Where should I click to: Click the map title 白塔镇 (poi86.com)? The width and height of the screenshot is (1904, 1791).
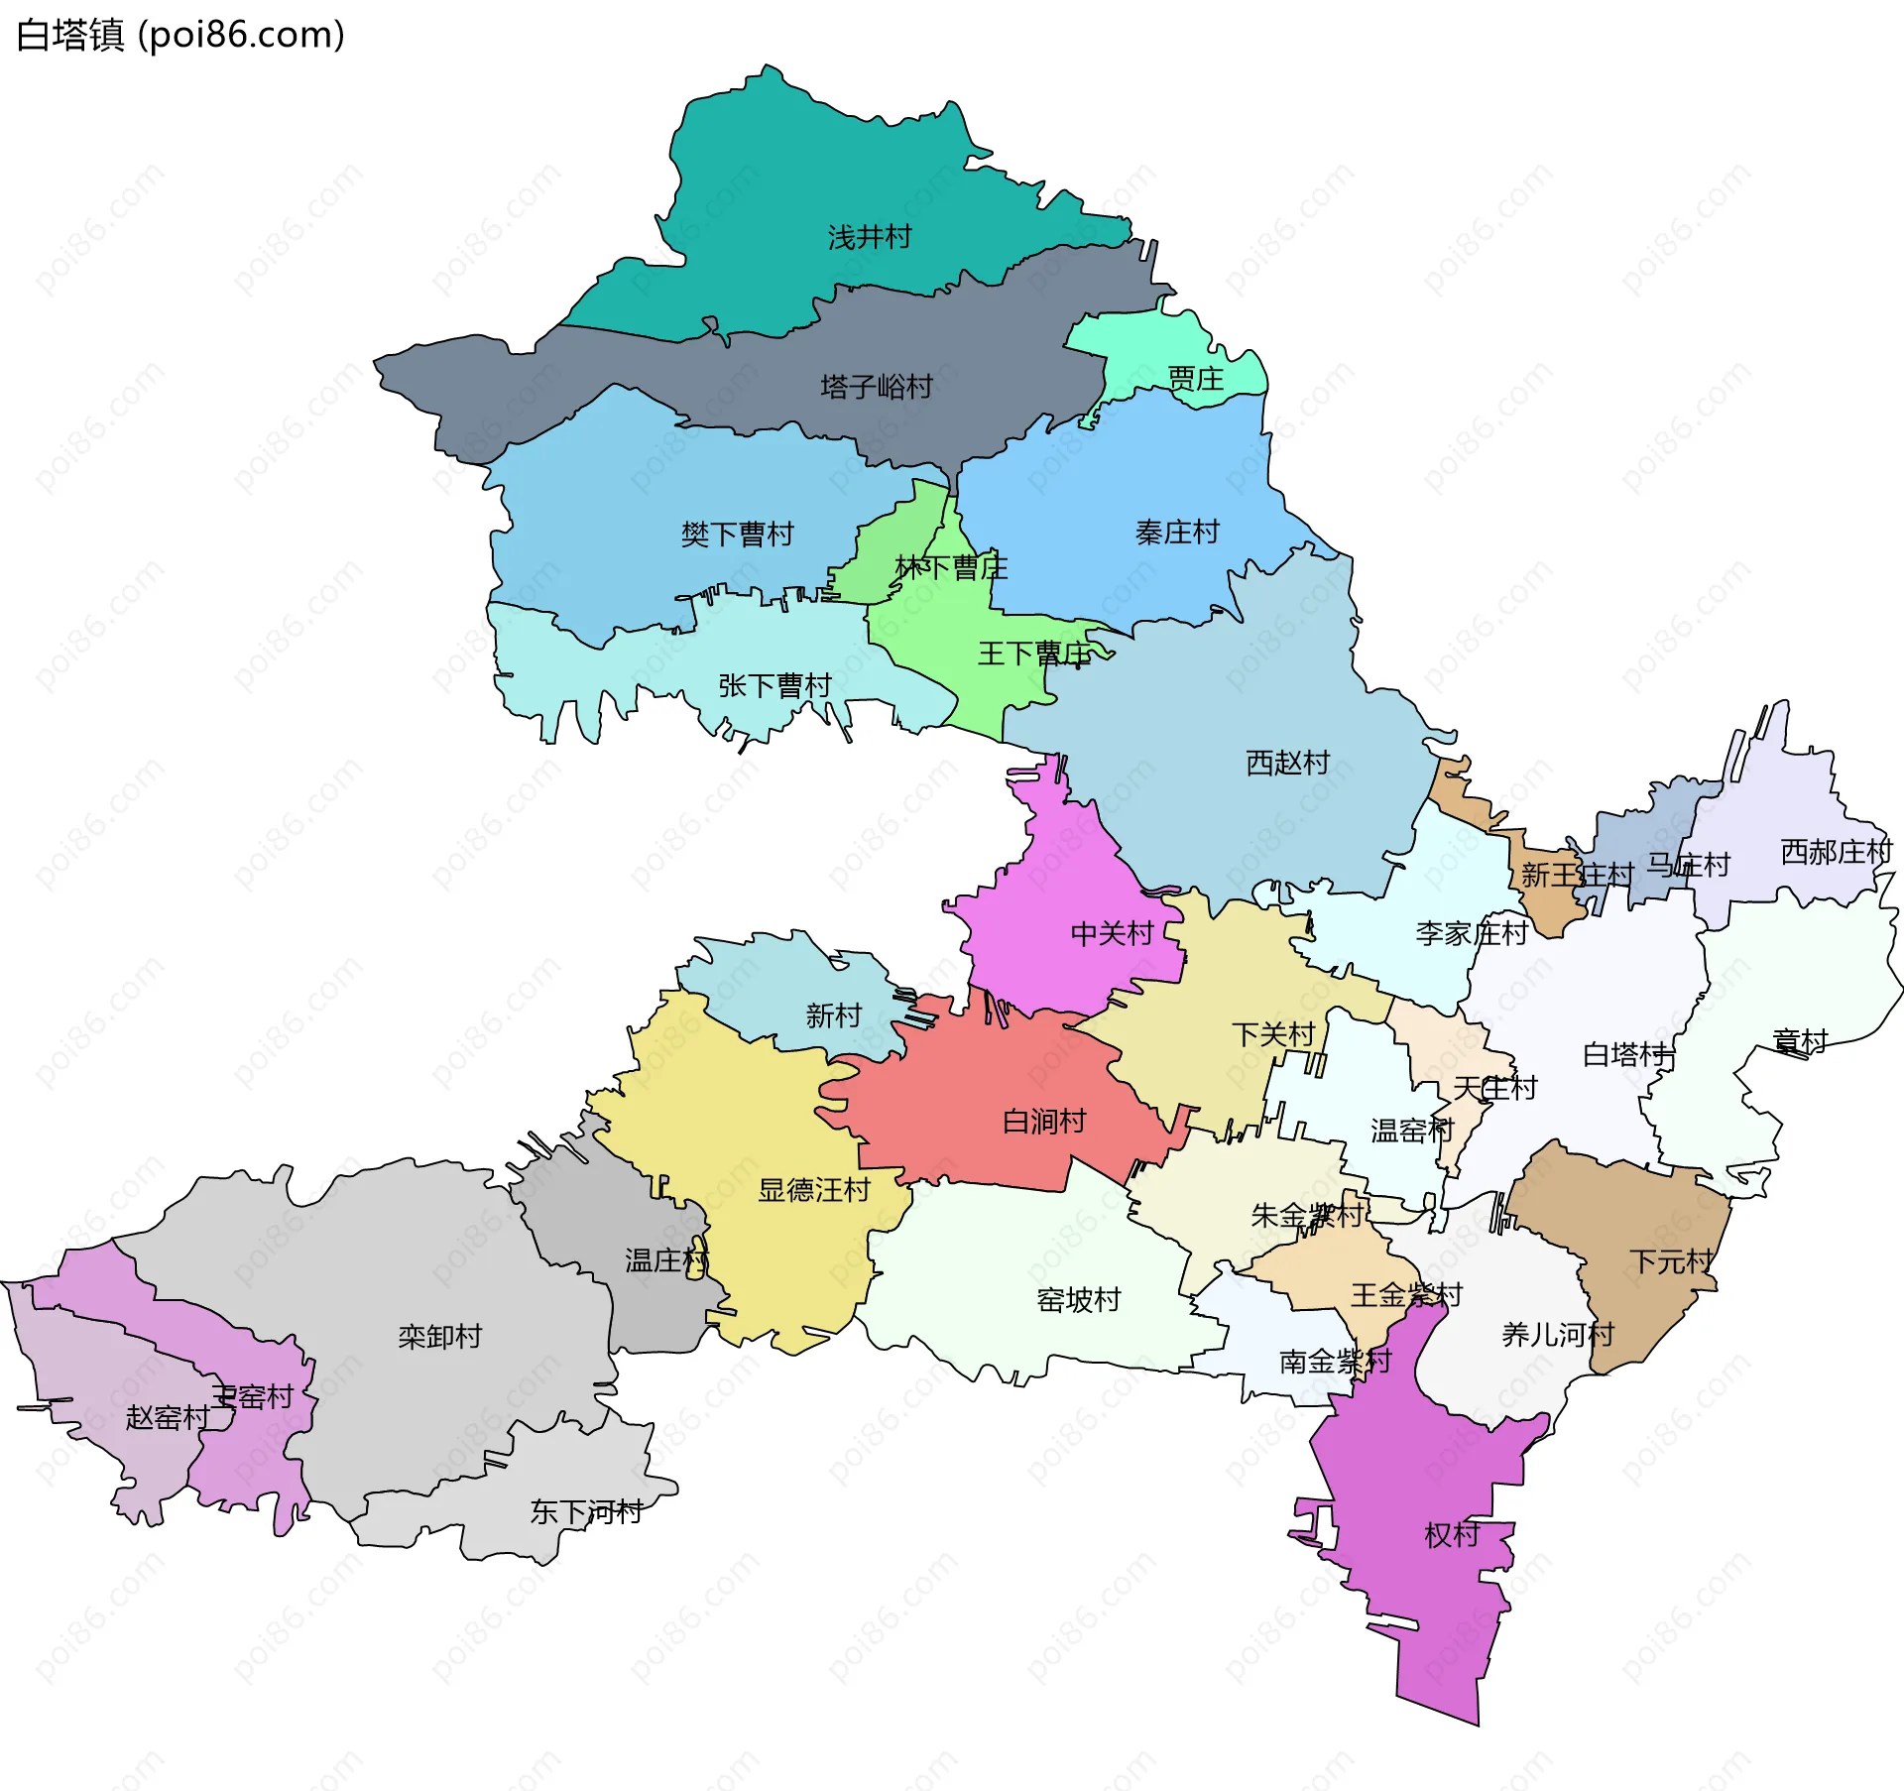point(180,35)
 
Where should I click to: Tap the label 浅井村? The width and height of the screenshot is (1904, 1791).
point(869,238)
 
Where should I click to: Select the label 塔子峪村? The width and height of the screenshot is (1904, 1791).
point(877,387)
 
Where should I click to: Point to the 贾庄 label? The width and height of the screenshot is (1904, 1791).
point(1195,379)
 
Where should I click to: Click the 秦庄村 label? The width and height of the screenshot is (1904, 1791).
point(1177,533)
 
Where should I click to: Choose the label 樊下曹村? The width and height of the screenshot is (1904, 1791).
point(737,536)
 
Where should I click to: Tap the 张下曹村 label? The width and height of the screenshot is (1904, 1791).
point(774,685)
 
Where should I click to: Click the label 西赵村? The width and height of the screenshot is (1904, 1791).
point(1287,763)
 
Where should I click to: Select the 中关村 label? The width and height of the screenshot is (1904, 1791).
point(1112,933)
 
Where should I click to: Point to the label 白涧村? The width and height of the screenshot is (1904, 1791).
point(1044,1122)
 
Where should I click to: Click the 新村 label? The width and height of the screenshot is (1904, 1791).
point(833,1015)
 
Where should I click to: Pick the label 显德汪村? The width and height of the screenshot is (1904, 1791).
point(813,1190)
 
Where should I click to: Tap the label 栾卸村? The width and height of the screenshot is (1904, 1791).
point(439,1337)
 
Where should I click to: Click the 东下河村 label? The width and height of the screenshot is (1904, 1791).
point(586,1512)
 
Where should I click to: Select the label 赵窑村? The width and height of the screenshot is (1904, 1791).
point(167,1418)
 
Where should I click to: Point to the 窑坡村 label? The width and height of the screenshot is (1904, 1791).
point(1078,1300)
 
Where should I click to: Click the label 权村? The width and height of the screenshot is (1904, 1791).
point(1452,1535)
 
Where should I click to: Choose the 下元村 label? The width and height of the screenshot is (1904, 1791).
point(1671,1261)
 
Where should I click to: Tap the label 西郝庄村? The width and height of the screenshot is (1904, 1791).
point(1836,852)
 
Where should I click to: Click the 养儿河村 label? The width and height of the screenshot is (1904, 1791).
point(1558,1335)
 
